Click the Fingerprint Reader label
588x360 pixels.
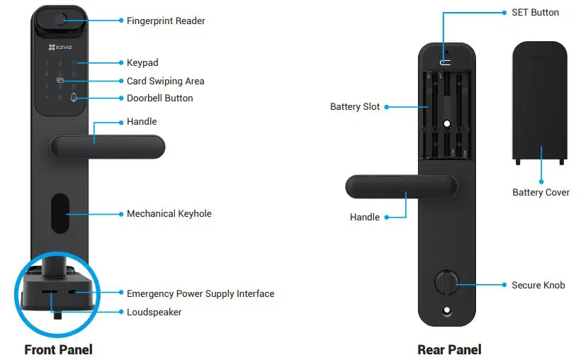coord(166,21)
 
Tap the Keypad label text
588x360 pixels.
coord(142,63)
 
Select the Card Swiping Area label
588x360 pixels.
coord(164,81)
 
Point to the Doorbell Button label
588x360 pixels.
coord(159,98)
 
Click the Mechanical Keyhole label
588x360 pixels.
coord(169,213)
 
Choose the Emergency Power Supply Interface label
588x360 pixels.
coord(200,293)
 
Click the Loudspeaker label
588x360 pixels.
coord(154,312)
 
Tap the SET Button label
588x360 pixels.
coord(535,12)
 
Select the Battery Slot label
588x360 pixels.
coord(355,107)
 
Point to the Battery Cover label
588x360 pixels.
coord(541,192)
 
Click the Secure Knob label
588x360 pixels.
coord(538,285)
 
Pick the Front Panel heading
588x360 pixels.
coord(58,349)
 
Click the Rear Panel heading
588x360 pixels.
coord(449,349)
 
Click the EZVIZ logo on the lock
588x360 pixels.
coord(60,47)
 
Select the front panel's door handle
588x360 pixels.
coord(106,147)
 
